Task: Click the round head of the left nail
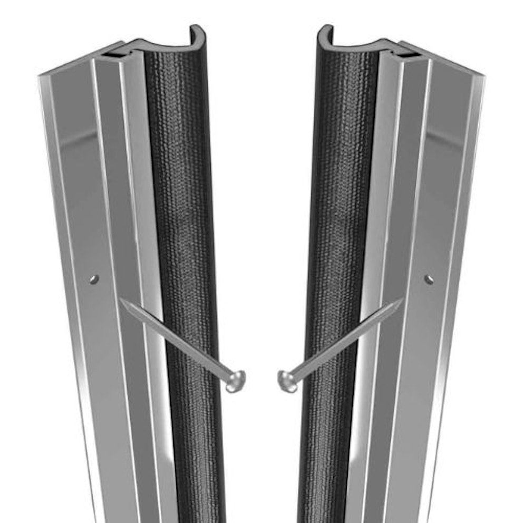(x=235, y=381)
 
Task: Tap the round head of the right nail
(x=288, y=381)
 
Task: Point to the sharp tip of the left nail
(x=121, y=301)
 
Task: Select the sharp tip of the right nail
(x=402, y=301)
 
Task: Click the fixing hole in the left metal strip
(x=94, y=279)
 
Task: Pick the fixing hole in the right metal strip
(x=429, y=279)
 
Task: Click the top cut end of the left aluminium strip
(x=79, y=61)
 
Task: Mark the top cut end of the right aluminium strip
(x=444, y=61)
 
